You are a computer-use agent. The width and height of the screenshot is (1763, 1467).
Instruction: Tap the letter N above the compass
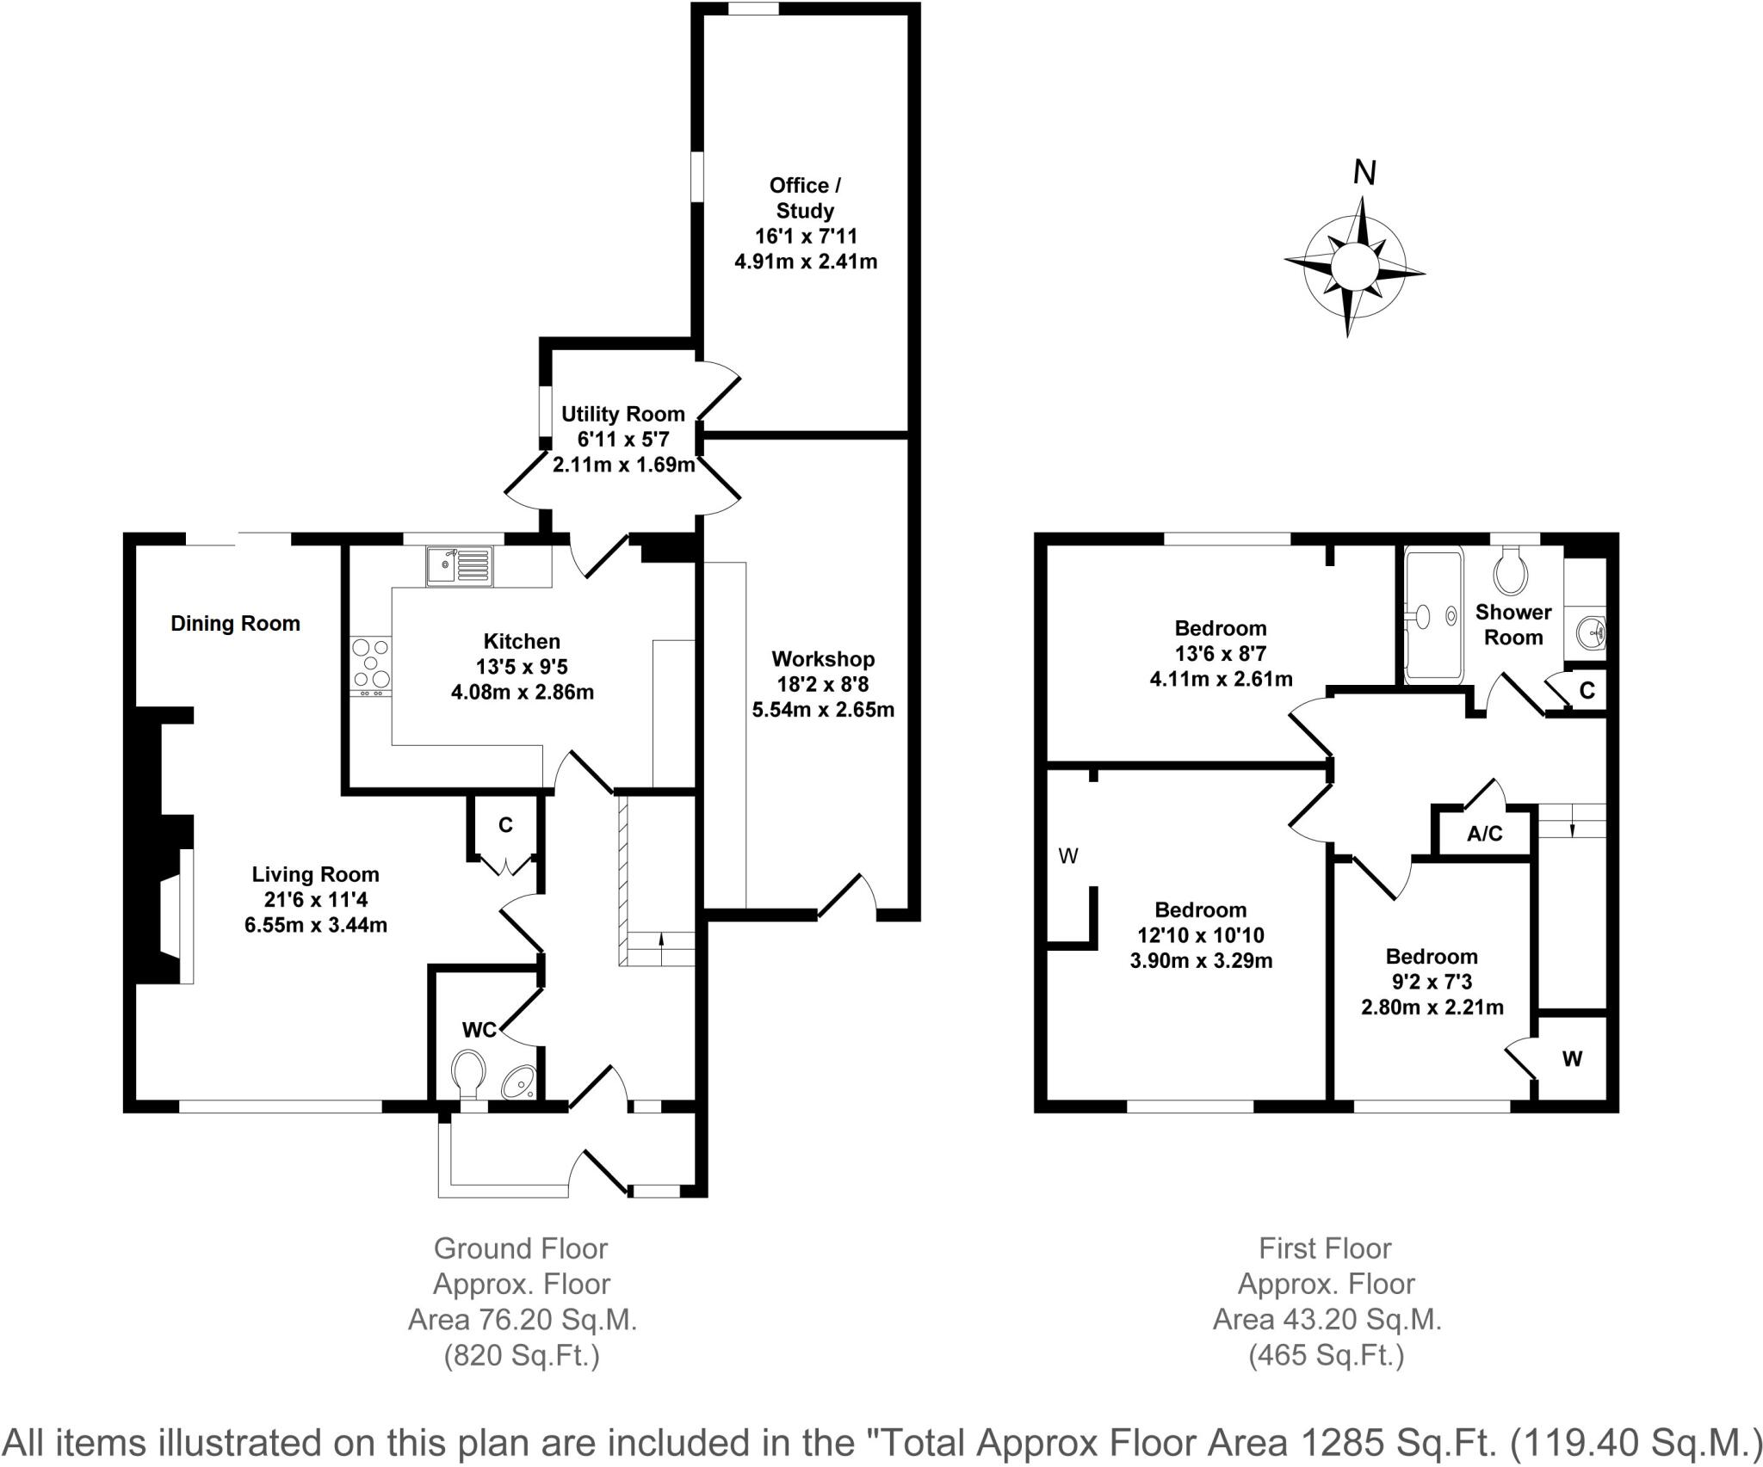(x=1364, y=173)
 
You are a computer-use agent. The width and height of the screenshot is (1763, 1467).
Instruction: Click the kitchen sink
(x=459, y=566)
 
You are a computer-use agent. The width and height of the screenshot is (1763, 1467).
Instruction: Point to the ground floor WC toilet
(x=468, y=1072)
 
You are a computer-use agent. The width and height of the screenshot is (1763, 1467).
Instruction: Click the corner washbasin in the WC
(x=520, y=1081)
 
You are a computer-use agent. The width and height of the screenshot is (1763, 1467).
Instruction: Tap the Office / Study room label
(x=804, y=198)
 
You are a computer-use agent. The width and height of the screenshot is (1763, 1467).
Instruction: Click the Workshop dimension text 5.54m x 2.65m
(x=823, y=710)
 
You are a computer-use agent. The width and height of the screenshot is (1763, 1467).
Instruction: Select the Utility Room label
(x=622, y=414)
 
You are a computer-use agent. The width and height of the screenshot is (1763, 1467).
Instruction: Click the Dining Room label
(x=235, y=624)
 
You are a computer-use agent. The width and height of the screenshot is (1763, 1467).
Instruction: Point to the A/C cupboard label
(x=1484, y=834)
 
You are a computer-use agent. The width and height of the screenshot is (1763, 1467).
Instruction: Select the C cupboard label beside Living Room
(x=505, y=825)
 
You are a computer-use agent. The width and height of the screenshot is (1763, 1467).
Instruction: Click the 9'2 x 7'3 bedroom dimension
(x=1432, y=981)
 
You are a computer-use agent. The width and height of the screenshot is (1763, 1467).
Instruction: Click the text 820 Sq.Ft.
(x=521, y=1357)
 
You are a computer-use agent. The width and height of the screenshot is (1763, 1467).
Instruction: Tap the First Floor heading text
(x=1325, y=1248)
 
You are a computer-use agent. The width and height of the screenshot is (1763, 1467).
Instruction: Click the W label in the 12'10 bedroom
(x=1068, y=855)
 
